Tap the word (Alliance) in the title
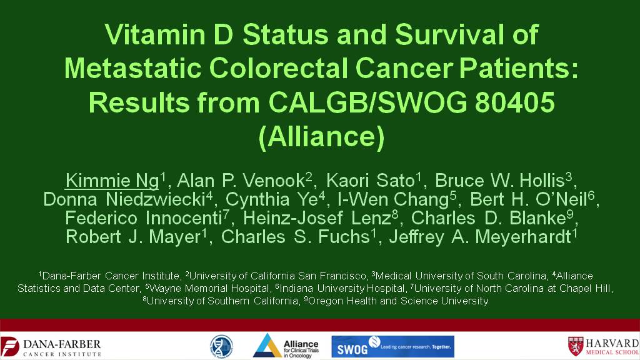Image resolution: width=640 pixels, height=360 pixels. tap(322, 137)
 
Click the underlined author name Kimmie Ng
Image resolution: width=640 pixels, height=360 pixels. tap(112, 181)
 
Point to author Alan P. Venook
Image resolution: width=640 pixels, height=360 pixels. tap(241, 181)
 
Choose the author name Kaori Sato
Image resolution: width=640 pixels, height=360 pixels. tap(370, 181)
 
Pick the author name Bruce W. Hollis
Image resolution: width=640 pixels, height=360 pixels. tap(500, 181)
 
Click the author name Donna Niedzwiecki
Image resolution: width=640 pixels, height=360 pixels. tap(124, 199)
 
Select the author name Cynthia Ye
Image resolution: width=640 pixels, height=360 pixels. tap(271, 199)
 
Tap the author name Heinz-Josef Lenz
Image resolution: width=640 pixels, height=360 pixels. tap(317, 218)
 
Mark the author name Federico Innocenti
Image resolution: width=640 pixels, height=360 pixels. tap(143, 218)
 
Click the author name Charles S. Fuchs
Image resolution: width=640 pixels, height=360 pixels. tap(296, 237)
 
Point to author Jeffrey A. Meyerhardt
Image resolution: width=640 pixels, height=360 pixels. tap(481, 237)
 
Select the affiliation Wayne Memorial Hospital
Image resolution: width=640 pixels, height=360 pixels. tap(209, 289)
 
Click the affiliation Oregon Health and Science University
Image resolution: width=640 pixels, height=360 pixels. tap(398, 301)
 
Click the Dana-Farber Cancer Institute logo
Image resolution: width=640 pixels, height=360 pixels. tap(51, 347)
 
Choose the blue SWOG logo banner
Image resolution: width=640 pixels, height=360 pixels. tap(392, 346)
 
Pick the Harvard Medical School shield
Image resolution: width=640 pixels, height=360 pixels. tap(576, 346)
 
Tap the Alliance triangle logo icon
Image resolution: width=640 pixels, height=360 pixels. tap(267, 346)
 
